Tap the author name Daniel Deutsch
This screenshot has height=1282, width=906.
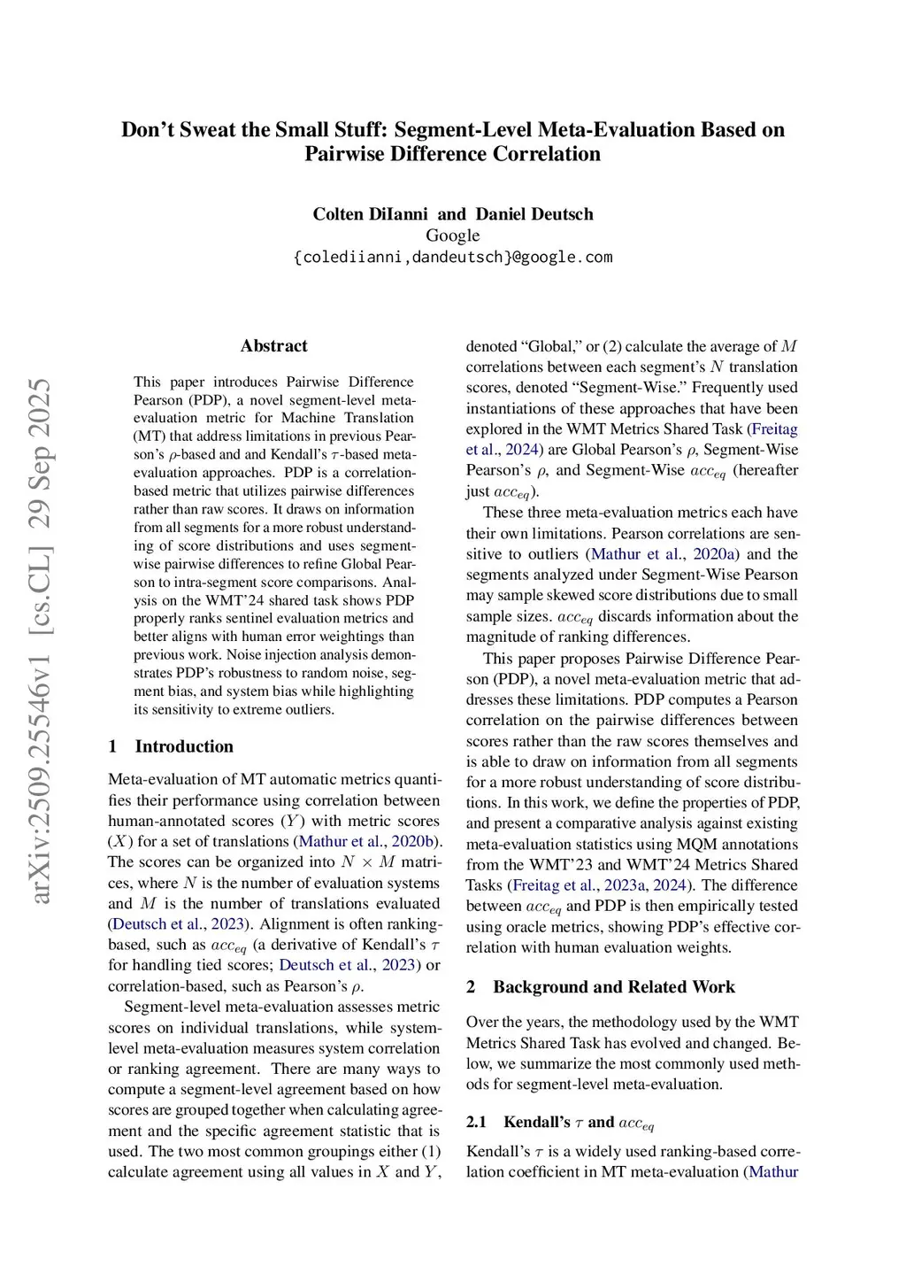click(x=534, y=214)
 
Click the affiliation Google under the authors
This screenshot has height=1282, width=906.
click(x=452, y=236)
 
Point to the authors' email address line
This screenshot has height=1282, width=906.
click(x=452, y=258)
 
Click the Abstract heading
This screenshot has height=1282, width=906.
click(x=273, y=346)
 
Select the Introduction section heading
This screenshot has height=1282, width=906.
click(x=184, y=746)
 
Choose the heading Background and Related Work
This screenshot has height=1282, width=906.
click(x=614, y=987)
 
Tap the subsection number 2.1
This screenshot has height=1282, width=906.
click(x=476, y=1123)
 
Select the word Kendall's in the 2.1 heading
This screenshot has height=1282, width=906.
click(x=537, y=1123)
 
